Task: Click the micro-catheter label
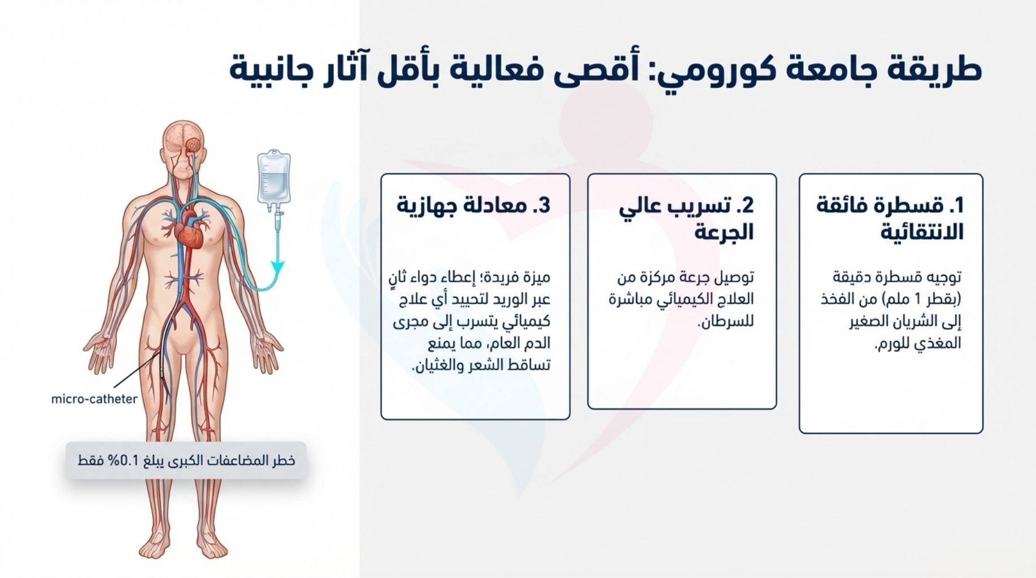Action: pyautogui.click(x=94, y=399)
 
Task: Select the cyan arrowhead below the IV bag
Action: pyautogui.click(x=277, y=266)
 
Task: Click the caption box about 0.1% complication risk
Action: pyautogui.click(x=186, y=461)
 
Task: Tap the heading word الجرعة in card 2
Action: pyautogui.click(x=724, y=232)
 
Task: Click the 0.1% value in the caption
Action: pyautogui.click(x=124, y=461)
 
